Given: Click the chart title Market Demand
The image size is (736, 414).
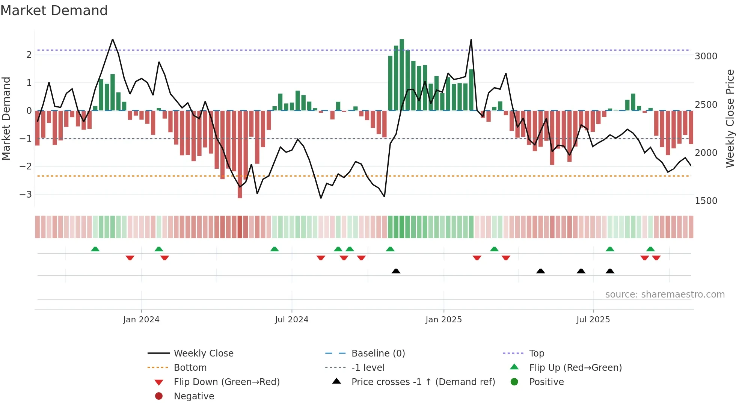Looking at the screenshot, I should (54, 11).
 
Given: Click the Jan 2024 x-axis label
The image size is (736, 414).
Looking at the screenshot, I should (141, 320).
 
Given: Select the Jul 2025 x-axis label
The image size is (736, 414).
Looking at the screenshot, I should (593, 320).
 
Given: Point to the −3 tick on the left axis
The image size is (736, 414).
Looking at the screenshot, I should (26, 195).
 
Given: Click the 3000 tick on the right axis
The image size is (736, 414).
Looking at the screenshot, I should (706, 56).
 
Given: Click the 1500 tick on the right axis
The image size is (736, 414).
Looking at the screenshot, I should (706, 201).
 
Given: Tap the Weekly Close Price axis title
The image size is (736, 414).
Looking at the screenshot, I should (730, 118).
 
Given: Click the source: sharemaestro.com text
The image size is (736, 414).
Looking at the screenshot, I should (665, 295).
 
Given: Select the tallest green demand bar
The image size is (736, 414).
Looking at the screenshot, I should (402, 75).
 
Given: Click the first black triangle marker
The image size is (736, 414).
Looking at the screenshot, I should (396, 271).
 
